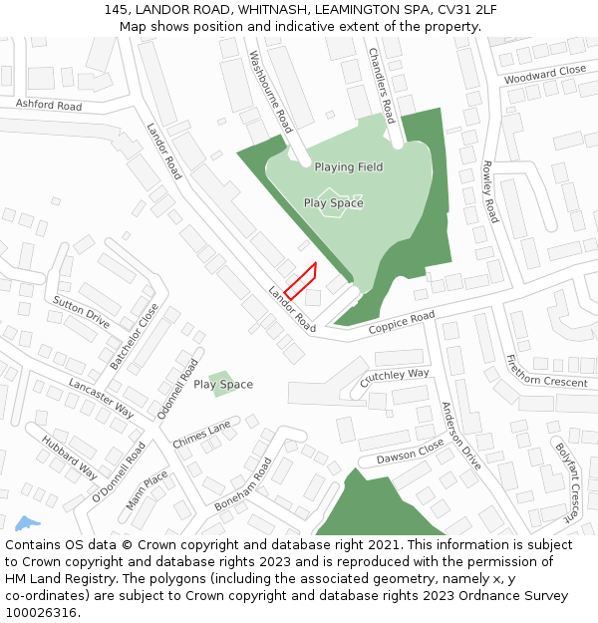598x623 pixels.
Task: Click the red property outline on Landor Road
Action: point(301,280)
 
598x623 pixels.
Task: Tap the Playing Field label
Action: point(349,166)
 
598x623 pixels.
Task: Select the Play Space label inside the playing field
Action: point(333,203)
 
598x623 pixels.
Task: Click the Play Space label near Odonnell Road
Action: point(223,384)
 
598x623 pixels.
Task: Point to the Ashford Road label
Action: point(48,105)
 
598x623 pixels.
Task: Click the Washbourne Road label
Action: point(270,92)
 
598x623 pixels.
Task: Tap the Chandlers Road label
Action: point(382,85)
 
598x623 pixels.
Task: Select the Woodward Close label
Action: point(545,74)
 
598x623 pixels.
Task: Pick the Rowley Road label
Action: point(489,191)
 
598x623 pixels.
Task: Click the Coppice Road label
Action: point(402,322)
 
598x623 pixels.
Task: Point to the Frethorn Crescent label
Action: point(546,371)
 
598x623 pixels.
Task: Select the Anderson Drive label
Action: point(461,436)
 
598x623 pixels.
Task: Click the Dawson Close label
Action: point(410,454)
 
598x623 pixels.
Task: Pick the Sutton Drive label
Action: point(81,312)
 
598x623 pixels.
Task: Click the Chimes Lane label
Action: point(201,435)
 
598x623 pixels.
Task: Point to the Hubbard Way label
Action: point(69,457)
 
